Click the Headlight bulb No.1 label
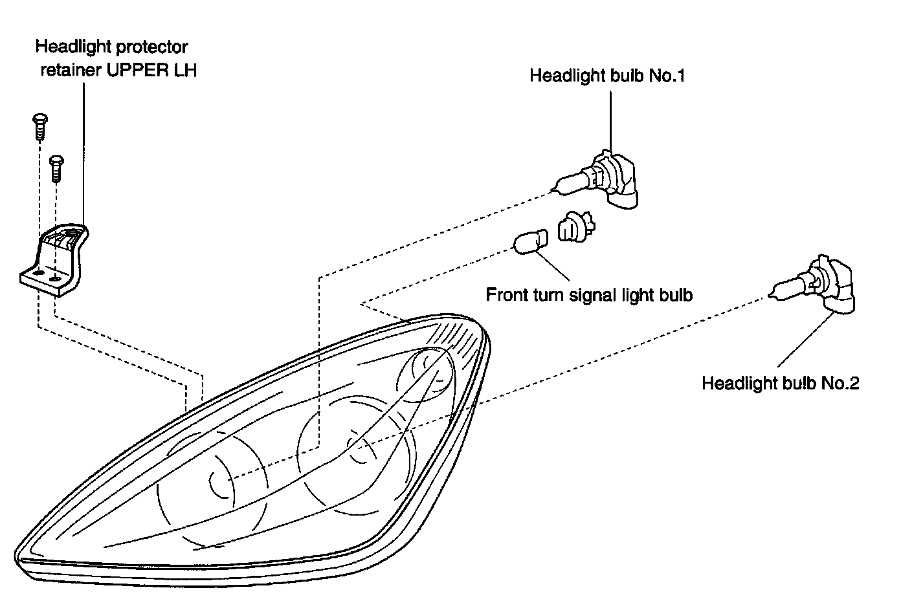click(606, 76)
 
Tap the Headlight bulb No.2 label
click(780, 383)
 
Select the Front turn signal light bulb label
click(589, 295)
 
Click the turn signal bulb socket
click(574, 227)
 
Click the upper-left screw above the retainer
click(39, 126)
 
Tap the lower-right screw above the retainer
click(56, 167)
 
